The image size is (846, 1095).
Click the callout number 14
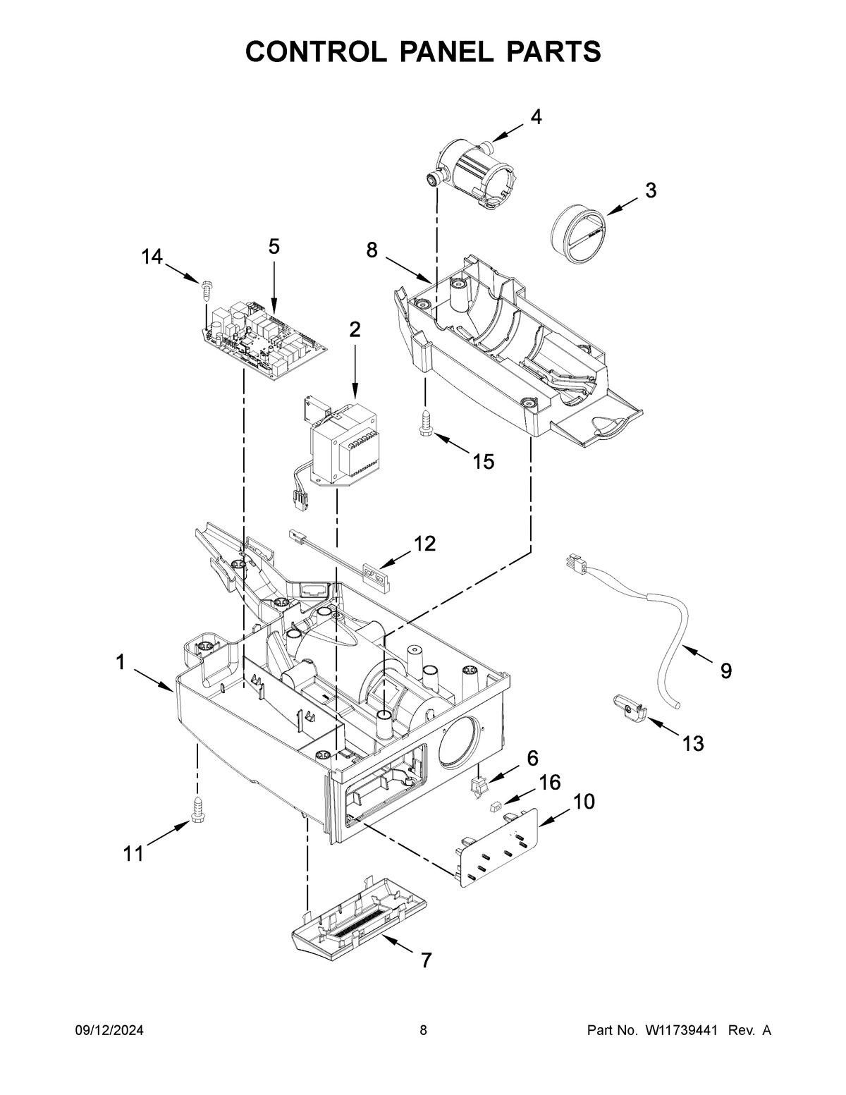(151, 257)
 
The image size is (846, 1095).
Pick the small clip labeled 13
(629, 707)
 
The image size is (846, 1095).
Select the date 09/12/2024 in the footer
(109, 1031)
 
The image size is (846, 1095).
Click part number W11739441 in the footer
(680, 1031)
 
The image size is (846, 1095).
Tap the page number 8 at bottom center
(423, 1031)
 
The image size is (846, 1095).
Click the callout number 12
(424, 543)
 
